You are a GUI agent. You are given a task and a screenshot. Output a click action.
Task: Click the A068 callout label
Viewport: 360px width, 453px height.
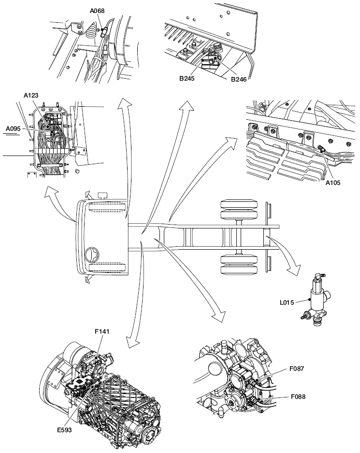97,11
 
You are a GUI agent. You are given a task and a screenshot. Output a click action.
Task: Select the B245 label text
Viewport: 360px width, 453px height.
187,78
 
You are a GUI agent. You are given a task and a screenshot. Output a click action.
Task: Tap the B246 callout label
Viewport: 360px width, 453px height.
239,79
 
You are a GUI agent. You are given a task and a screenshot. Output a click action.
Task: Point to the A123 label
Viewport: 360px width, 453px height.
31,95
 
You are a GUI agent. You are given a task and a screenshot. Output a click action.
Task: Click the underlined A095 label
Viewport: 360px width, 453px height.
14,128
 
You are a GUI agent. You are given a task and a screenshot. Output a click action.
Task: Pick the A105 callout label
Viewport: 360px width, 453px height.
333,182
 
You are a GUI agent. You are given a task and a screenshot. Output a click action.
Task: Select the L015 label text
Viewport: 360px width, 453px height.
287,302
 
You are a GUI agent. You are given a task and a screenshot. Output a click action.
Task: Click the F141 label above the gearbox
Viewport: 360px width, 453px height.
102,331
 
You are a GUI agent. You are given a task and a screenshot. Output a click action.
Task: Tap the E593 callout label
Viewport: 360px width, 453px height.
64,430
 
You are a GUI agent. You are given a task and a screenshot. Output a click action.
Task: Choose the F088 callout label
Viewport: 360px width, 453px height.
298,396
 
